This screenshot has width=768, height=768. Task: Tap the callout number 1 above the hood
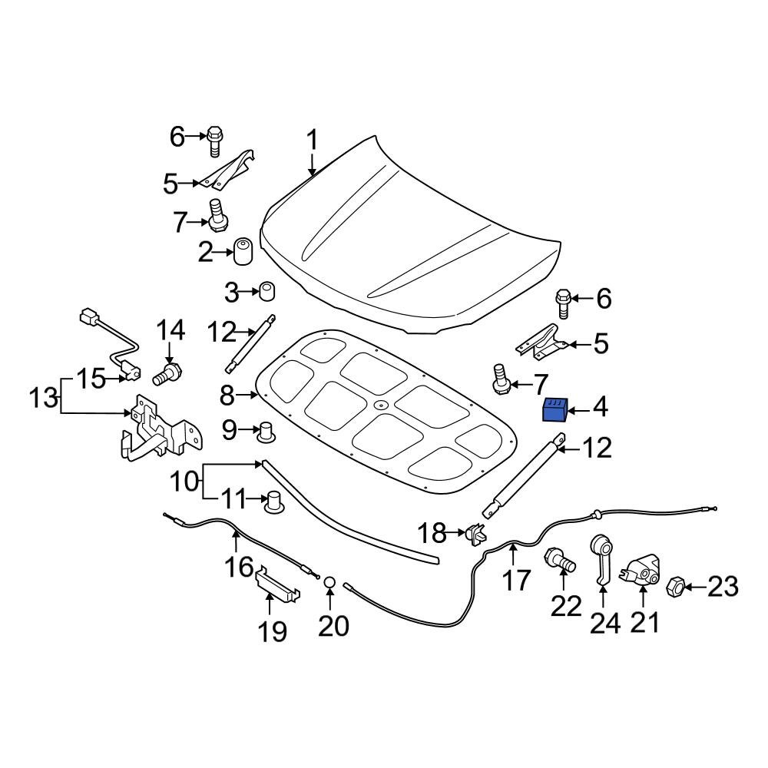(312, 141)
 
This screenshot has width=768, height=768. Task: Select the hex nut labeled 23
(675, 588)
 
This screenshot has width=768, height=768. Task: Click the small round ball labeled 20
(329, 584)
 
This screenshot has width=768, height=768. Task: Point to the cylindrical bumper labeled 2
(243, 251)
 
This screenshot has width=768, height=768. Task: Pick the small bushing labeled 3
(266, 292)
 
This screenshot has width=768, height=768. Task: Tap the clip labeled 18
(475, 532)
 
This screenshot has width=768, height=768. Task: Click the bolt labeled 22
(560, 561)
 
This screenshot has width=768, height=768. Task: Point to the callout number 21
(644, 621)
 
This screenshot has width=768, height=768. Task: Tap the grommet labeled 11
(274, 502)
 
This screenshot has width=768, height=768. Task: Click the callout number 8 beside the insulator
(227, 396)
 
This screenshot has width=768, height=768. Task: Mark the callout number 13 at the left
(44, 398)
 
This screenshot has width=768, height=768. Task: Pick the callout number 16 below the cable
(240, 567)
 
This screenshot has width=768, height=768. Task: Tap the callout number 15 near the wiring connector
(90, 379)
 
